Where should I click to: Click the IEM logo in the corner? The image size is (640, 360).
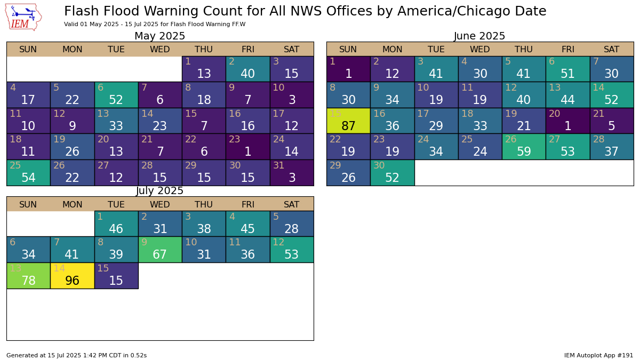[x=23, y=17]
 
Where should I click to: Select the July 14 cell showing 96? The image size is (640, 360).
[x=72, y=276]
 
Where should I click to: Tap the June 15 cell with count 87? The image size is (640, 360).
[x=348, y=121]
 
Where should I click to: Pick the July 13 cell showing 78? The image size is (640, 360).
[x=28, y=276]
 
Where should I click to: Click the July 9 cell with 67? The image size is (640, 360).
[x=160, y=250]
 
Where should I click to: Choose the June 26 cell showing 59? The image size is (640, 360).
[x=524, y=147]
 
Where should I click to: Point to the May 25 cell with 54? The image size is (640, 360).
[x=28, y=173]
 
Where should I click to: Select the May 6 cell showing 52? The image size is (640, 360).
[x=116, y=95]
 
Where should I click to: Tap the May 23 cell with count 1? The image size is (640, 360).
[x=247, y=147]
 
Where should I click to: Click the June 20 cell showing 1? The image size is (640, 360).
[x=567, y=121]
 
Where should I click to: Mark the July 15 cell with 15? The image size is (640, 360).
[x=116, y=276]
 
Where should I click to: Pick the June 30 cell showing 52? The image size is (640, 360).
[x=392, y=173]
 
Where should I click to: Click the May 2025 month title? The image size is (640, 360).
[x=159, y=36]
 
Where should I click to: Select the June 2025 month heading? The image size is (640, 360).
[x=479, y=36]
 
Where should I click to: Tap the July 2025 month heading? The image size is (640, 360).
[x=159, y=191]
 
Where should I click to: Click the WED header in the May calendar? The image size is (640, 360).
[x=160, y=50]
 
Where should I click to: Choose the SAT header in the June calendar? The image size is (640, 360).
[x=612, y=50]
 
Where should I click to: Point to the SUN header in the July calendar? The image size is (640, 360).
[x=28, y=204]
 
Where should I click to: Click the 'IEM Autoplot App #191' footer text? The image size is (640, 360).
[x=598, y=355]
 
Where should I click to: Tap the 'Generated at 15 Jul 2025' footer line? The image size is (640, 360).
[x=76, y=355]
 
